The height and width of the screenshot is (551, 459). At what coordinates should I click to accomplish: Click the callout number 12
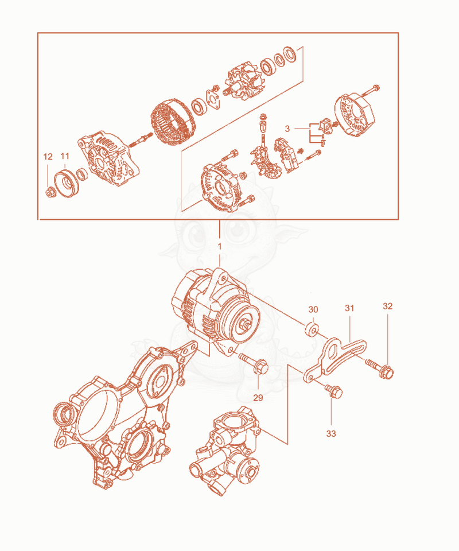[x=48, y=157]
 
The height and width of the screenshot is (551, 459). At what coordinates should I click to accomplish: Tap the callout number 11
[x=65, y=156]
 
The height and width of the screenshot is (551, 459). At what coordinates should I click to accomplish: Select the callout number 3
[x=287, y=129]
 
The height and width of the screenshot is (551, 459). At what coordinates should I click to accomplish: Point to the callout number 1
[x=220, y=247]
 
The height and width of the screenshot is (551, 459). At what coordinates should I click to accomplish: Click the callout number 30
[x=313, y=309]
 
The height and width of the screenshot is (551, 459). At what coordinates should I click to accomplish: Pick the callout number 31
[x=349, y=309]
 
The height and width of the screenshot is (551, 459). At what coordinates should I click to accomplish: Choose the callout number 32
[x=387, y=306]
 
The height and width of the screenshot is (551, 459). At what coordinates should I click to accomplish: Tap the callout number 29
[x=258, y=398]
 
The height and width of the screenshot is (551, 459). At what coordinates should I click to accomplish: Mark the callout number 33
[x=331, y=434]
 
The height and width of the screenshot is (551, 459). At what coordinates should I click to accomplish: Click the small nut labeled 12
[x=50, y=193]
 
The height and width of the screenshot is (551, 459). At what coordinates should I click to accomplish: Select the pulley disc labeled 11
[x=67, y=183]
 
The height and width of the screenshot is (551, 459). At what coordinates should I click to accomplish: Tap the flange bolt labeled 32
[x=380, y=367]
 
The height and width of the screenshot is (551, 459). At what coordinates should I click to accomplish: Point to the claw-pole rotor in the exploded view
[x=243, y=82]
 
